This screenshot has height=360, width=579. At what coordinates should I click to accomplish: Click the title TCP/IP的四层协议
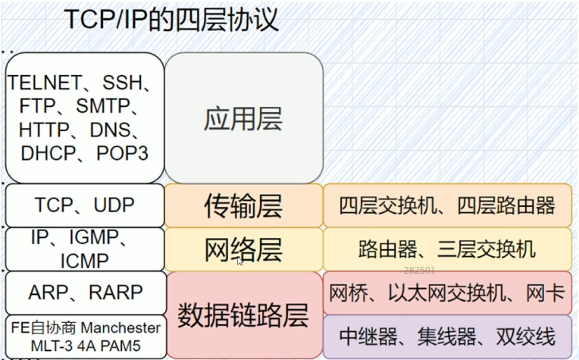[x=171, y=20]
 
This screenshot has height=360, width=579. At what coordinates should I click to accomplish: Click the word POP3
[x=123, y=153]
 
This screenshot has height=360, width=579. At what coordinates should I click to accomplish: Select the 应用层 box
[x=243, y=117]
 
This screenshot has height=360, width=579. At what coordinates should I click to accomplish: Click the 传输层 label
[x=243, y=204]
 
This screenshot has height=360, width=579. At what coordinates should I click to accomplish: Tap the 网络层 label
[x=243, y=248]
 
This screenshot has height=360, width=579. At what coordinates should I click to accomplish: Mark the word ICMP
[x=84, y=261]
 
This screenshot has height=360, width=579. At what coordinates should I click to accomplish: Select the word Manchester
[x=121, y=327]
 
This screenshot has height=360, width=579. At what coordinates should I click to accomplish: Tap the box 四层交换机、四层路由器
[x=447, y=205]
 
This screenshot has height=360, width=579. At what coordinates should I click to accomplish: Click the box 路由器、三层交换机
[x=447, y=249]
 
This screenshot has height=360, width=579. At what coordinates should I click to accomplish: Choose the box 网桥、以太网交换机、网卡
[x=447, y=293]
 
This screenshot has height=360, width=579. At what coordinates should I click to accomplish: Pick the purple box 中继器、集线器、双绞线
[x=447, y=336]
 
